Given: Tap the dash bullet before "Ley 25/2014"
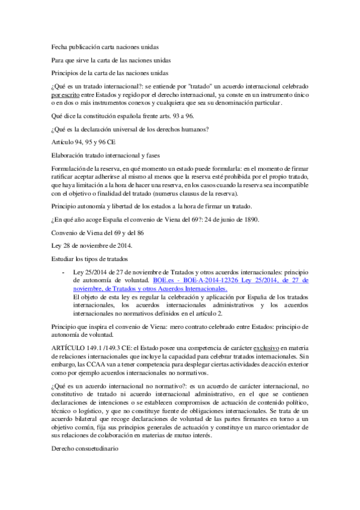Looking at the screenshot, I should pyautogui.click(x=64, y=272).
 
